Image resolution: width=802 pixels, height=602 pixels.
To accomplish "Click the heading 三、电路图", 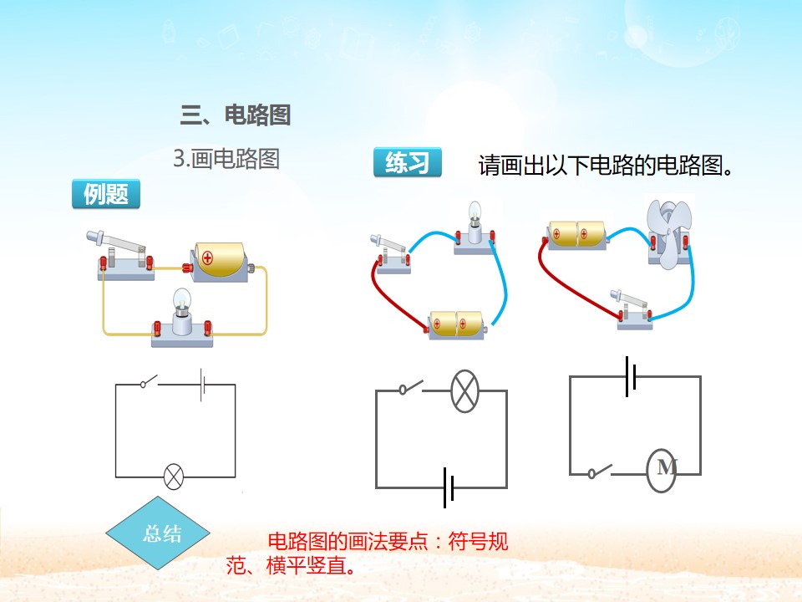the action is click(x=236, y=115).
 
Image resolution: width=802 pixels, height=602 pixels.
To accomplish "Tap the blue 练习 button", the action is click(x=407, y=162).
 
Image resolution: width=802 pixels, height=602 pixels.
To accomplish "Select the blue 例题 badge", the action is click(x=106, y=194).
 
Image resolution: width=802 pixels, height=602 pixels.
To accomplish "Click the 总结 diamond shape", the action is click(x=158, y=533).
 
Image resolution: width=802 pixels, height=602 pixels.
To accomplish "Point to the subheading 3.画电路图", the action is click(x=226, y=159).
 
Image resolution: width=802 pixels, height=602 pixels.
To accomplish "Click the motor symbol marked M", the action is click(x=662, y=470).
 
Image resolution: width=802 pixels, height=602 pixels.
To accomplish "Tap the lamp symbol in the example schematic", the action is click(x=174, y=477).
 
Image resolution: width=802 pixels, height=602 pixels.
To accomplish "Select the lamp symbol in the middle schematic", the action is click(x=465, y=391).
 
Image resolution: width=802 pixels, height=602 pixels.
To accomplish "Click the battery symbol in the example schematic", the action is click(x=202, y=385).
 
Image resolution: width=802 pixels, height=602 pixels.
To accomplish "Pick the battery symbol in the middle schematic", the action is click(x=449, y=487).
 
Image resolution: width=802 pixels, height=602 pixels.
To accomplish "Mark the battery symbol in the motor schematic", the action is click(x=631, y=377).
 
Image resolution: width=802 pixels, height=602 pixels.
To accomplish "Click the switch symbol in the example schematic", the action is click(x=149, y=382).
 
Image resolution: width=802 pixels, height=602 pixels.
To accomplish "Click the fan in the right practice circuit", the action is click(x=669, y=233).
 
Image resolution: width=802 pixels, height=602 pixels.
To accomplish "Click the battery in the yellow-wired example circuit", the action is click(x=220, y=262).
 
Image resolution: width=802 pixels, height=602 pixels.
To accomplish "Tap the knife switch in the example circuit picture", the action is click(x=124, y=256).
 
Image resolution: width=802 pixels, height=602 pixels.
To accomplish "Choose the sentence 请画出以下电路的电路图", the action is click(x=606, y=165).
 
